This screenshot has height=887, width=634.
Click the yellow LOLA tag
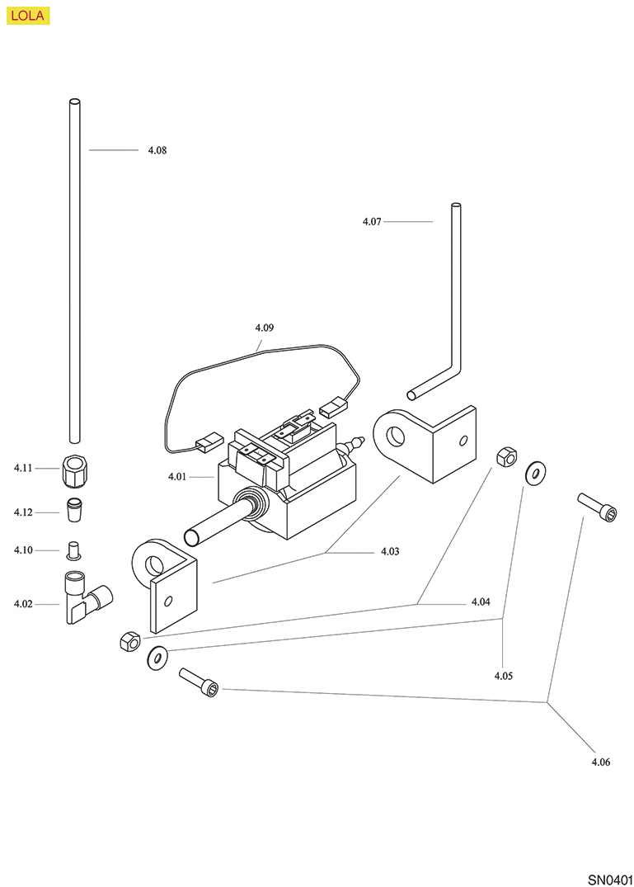click(x=28, y=16)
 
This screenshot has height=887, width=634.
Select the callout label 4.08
click(x=157, y=150)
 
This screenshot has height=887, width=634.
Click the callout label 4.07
click(x=372, y=221)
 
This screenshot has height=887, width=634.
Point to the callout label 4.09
click(x=265, y=328)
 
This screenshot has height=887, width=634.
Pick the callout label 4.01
click(x=177, y=476)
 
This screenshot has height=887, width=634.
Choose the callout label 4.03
click(x=390, y=551)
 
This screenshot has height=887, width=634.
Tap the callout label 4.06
click(x=600, y=762)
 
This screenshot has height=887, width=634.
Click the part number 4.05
click(x=504, y=676)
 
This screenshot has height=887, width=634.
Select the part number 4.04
click(x=481, y=602)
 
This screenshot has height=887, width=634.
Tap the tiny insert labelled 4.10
click(x=73, y=549)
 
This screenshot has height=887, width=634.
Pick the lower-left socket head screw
click(x=200, y=682)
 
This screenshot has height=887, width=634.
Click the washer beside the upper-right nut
click(x=535, y=473)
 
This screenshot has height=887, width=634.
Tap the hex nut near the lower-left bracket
click(x=128, y=639)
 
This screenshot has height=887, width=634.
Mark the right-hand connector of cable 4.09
click(x=331, y=407)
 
